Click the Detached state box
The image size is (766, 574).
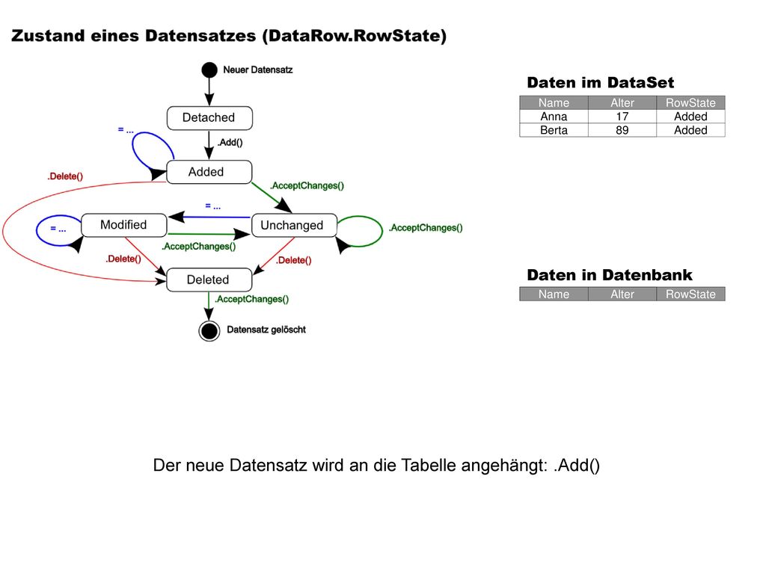pyautogui.click(x=209, y=118)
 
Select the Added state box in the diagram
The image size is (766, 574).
pyautogui.click(x=209, y=172)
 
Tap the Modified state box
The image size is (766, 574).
pyautogui.click(x=124, y=225)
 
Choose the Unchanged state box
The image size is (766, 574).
pyautogui.click(x=294, y=225)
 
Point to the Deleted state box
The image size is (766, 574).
pyautogui.click(x=209, y=280)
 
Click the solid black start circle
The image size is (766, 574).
pyautogui.click(x=209, y=70)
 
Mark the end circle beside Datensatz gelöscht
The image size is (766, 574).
pyautogui.click(x=209, y=331)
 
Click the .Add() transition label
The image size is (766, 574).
pyautogui.click(x=230, y=143)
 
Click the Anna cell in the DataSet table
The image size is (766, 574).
pyautogui.click(x=554, y=117)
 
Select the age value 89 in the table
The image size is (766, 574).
pyautogui.click(x=622, y=130)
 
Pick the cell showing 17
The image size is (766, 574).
pyautogui.click(x=622, y=117)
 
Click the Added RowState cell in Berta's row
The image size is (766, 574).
pyautogui.click(x=690, y=130)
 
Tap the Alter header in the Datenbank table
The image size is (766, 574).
pyautogui.click(x=622, y=294)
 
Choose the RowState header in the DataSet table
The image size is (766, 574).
pyautogui.click(x=690, y=103)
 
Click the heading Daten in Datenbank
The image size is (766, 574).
pyautogui.click(x=610, y=275)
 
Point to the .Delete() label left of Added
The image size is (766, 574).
pyautogui.click(x=65, y=176)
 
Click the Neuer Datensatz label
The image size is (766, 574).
pyautogui.click(x=258, y=70)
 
